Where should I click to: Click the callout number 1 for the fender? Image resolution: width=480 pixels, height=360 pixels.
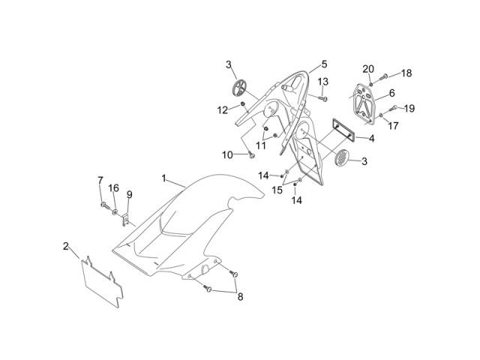[x=163, y=178]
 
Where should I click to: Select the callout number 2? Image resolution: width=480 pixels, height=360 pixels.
[x=66, y=246]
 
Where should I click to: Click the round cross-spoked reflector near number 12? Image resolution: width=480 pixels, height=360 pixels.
[x=239, y=87]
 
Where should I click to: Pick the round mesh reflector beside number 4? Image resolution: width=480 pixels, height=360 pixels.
[x=342, y=157]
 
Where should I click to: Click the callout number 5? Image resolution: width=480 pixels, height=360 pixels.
[x=325, y=64]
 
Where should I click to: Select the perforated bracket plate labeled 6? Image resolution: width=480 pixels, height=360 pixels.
[x=363, y=103]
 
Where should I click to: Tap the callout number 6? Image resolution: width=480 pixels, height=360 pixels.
[x=391, y=93]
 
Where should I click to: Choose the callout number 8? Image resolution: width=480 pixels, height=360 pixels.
[x=241, y=297]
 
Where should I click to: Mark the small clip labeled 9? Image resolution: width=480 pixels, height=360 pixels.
[x=125, y=220]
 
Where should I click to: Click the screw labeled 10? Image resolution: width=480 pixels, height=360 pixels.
[x=252, y=155]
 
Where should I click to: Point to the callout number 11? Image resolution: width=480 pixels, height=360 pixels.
[x=261, y=145]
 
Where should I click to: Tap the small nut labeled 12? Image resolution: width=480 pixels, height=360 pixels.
[x=242, y=104]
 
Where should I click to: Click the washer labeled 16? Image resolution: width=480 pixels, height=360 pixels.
[x=115, y=211]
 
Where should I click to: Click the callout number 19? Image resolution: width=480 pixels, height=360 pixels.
[x=409, y=108]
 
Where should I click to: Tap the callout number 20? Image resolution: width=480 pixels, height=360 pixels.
[x=368, y=69]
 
